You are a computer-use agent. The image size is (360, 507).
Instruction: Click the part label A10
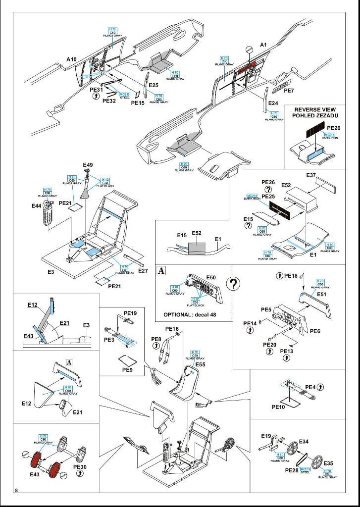[71, 59]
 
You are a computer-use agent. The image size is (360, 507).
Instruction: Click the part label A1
[263, 45]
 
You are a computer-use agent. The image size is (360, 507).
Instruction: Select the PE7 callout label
[289, 91]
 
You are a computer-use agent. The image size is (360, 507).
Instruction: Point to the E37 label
[311, 175]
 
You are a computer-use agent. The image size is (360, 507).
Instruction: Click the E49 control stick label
[88, 165]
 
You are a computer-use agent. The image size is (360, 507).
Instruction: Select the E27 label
[143, 270]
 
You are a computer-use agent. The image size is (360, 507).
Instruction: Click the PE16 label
[172, 329]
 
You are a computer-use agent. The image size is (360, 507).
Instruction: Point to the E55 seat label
[200, 364]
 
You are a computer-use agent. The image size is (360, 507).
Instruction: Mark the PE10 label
[279, 406]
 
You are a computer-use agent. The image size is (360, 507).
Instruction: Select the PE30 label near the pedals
[80, 466]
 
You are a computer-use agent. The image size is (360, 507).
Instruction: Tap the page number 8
[17, 490]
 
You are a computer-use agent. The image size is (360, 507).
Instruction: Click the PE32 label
[109, 101]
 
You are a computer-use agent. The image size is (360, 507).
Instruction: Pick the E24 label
[273, 103]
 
